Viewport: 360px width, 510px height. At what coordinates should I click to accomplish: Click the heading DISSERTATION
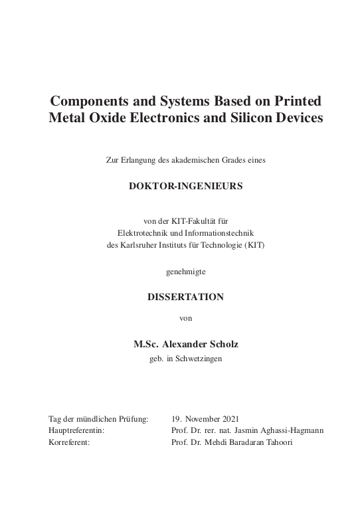tap(185, 297)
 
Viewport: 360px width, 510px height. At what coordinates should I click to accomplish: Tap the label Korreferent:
tap(69, 442)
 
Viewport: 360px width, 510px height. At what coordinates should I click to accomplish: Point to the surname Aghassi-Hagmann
tap(291, 430)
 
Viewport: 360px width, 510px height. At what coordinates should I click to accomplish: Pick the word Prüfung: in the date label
tap(133, 419)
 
